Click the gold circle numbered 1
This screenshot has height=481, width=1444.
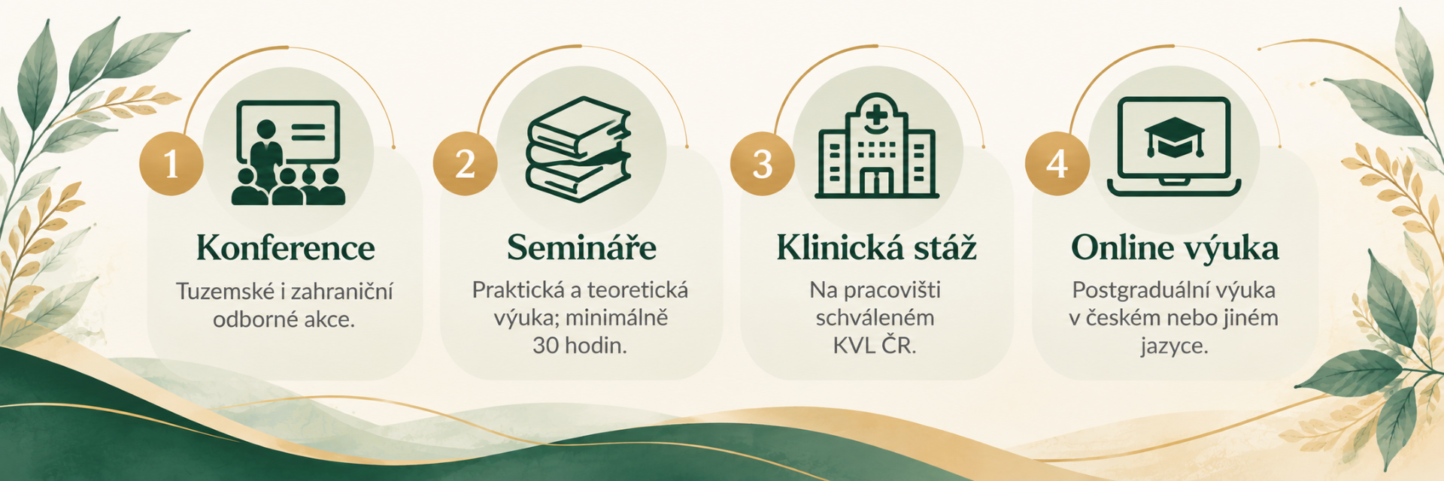coord(171,164)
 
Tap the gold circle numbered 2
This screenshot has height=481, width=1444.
coord(465,164)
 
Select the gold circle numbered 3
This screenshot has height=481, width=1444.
coord(762,164)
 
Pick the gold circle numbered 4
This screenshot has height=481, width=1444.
coord(1057,164)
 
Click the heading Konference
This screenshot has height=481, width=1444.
coord(286,248)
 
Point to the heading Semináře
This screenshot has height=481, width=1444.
coord(581,247)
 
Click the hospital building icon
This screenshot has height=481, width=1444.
coord(877,146)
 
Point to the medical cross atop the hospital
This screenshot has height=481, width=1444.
coord(877,116)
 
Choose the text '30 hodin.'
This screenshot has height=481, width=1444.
coord(580,346)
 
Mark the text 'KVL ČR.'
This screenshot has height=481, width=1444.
coord(875,345)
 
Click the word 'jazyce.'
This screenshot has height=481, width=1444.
coord(1174,346)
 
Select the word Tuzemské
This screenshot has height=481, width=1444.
coord(225,292)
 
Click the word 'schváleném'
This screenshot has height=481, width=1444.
coord(875,318)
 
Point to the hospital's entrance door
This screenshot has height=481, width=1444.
coord(877,181)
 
